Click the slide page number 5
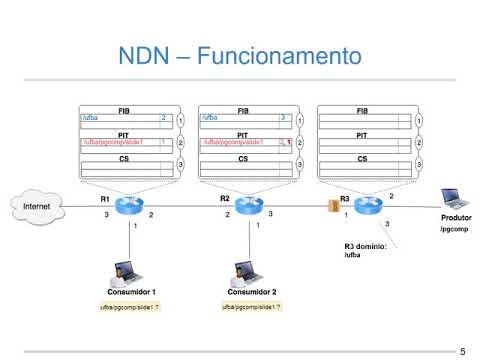click(x=462, y=351)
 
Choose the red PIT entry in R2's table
click(x=236, y=143)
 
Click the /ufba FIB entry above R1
click(x=89, y=117)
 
